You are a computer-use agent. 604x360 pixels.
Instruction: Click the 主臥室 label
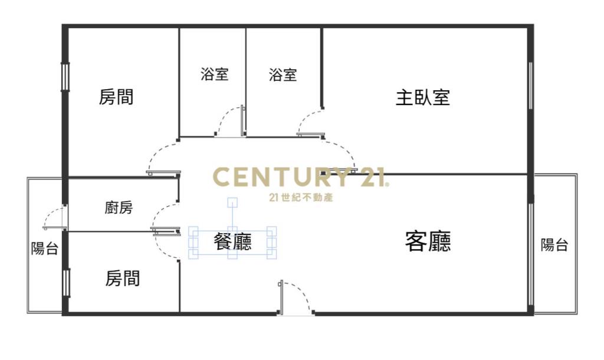[x=422, y=97]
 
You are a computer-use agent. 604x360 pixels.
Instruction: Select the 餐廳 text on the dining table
[x=232, y=241]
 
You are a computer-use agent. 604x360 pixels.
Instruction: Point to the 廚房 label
[x=119, y=208]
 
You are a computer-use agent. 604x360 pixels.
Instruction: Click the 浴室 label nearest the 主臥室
[x=283, y=75]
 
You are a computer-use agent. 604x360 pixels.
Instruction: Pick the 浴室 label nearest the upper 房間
[x=214, y=75]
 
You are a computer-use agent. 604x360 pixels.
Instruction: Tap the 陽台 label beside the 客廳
[x=554, y=246]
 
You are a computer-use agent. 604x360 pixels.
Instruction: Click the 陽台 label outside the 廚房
[x=44, y=248]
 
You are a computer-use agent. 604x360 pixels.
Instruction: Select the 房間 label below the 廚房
[x=123, y=278]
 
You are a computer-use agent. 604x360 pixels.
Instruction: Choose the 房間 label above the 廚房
[x=116, y=97]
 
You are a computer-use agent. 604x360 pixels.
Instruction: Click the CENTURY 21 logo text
[x=300, y=177]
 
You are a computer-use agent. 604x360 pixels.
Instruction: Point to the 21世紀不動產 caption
[x=300, y=197]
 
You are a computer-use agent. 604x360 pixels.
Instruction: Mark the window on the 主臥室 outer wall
[x=531, y=86]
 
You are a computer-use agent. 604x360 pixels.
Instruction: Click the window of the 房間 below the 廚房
[x=65, y=282]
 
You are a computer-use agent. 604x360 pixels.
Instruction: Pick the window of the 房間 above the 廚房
[x=65, y=77]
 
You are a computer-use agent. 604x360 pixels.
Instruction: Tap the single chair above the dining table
[x=233, y=202]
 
